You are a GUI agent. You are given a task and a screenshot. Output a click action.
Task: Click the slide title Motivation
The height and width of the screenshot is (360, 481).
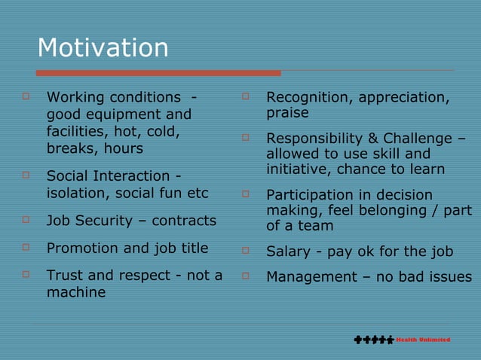pos(103,48)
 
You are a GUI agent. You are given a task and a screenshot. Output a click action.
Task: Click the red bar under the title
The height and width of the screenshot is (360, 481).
pos(158,73)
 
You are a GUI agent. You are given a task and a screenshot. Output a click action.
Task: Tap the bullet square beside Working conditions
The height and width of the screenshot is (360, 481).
pos(26,96)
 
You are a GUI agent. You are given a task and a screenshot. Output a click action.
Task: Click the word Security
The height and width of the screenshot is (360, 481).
pos(110,221)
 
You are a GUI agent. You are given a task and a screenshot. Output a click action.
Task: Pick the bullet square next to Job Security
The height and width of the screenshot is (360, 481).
pos(26,220)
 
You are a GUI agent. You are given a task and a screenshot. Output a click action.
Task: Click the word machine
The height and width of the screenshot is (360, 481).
pos(76,292)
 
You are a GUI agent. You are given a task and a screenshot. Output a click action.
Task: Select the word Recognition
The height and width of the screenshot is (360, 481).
pos(308,97)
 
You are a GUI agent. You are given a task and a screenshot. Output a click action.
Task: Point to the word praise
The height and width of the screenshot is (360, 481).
pos(287,114)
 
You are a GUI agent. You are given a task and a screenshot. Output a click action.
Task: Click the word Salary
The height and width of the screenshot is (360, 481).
pos(287,252)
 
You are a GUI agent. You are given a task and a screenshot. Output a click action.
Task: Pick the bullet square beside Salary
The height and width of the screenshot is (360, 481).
pos(245,250)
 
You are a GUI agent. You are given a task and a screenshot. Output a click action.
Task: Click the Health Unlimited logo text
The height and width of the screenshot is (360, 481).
pos(424,340)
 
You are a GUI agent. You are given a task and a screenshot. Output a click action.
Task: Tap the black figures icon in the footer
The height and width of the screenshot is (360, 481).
pos(373,340)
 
